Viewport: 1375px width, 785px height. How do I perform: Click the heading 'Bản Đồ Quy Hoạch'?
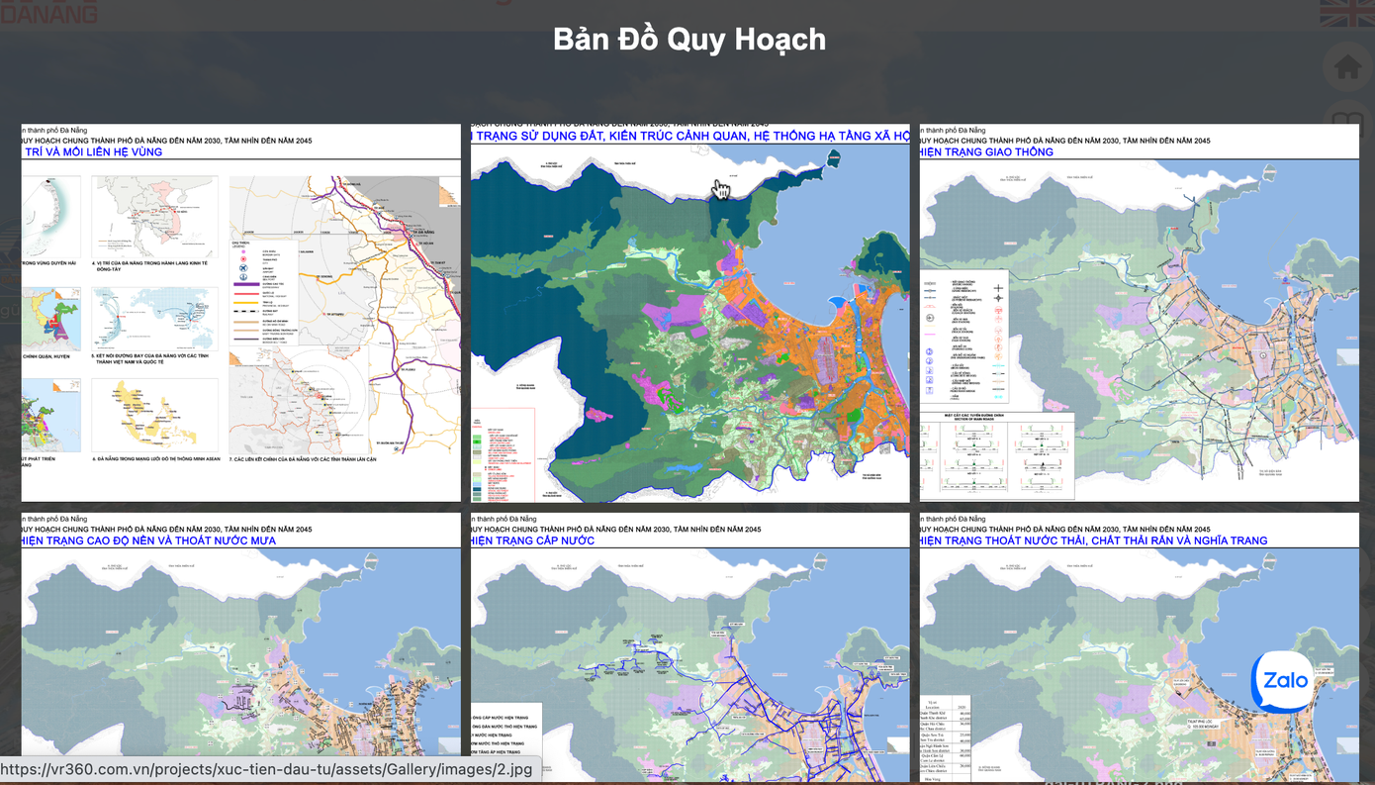pos(688,40)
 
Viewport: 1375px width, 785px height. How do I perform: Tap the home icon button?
pos(1347,68)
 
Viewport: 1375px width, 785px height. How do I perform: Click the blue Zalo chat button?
pos(1284,681)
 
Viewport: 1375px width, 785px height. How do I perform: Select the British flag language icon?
pos(1346,13)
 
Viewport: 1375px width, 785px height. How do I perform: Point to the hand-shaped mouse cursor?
pos(721,189)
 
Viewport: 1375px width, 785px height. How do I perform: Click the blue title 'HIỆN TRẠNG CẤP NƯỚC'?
pos(534,540)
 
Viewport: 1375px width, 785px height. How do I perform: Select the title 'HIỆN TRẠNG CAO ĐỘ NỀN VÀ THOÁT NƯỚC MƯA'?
pos(148,540)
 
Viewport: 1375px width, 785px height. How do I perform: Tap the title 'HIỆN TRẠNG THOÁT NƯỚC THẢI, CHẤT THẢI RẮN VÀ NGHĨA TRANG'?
pos(1093,540)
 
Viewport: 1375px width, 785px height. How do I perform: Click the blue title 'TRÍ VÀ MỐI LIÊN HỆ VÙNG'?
pos(93,152)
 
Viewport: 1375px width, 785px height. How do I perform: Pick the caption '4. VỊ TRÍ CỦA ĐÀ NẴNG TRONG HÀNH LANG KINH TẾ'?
pos(154,263)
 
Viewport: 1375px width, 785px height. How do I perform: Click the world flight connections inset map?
pos(154,319)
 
